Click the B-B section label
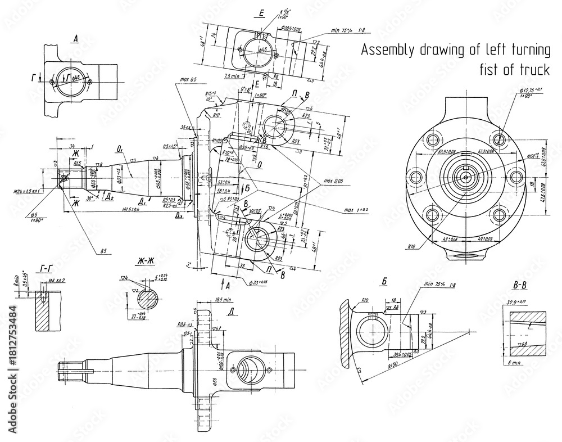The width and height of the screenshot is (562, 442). click(x=519, y=286)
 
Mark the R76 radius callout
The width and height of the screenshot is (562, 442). click(x=416, y=246)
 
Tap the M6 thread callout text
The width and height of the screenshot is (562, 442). click(x=56, y=280)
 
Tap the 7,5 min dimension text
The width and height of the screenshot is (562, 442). click(x=232, y=75)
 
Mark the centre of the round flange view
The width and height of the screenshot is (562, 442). click(x=465, y=177)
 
